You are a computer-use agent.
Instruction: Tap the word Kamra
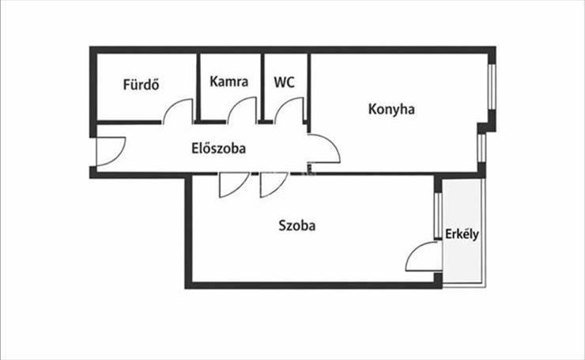[x=229, y=81]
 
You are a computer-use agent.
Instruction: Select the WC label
[x=285, y=81]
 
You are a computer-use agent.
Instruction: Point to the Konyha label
[x=391, y=109]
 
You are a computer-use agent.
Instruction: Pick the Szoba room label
[x=297, y=225]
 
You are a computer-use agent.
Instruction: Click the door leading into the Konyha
[x=324, y=150]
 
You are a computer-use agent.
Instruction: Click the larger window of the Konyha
[x=492, y=85]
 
